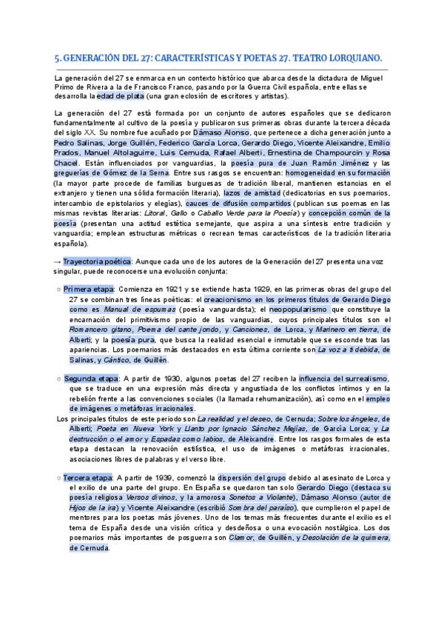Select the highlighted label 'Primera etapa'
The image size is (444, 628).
coord(89,289)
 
